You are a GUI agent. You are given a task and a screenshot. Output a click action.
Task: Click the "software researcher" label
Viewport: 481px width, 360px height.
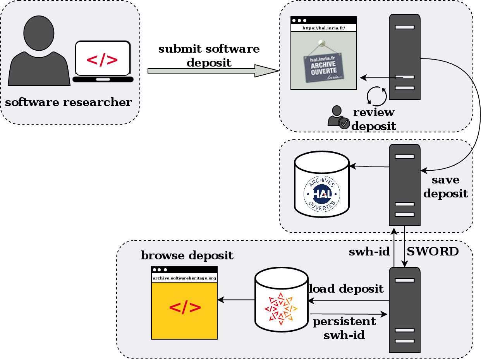[x=69, y=103]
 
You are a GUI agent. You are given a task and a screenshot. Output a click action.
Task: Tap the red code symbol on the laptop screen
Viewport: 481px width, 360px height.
[x=102, y=60]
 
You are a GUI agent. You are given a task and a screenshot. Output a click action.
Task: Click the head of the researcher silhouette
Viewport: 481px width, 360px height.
[x=39, y=33]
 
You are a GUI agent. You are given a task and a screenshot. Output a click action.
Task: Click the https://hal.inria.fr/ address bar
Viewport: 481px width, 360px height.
[x=323, y=28]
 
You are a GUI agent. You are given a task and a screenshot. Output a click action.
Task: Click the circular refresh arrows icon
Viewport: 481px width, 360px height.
[x=377, y=96]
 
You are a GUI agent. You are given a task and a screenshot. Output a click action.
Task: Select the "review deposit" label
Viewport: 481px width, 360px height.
[x=374, y=119]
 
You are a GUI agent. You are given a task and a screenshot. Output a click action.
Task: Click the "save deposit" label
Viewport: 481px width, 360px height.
[x=445, y=187]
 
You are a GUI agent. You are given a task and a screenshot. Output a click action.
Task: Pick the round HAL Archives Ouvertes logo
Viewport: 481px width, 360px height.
[x=322, y=194]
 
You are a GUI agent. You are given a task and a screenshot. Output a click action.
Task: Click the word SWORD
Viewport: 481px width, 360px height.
[x=433, y=252]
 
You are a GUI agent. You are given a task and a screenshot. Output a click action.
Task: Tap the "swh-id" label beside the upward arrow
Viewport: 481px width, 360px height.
[x=369, y=252]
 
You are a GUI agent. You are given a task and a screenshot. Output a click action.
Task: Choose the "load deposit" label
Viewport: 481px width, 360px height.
[x=346, y=289]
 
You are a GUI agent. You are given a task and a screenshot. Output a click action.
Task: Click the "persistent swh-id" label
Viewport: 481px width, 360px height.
[x=344, y=328]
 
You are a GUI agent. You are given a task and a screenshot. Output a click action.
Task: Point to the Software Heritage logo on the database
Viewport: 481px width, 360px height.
[x=281, y=309]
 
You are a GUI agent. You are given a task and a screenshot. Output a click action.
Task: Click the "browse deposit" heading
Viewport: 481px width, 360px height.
[x=187, y=256]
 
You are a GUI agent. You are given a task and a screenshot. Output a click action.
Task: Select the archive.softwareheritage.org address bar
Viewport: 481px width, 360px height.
[x=184, y=278]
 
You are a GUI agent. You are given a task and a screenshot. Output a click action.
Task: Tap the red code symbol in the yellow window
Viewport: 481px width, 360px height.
[x=185, y=307]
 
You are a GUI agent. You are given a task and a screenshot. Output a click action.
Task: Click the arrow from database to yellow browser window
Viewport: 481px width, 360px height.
[x=236, y=300]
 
